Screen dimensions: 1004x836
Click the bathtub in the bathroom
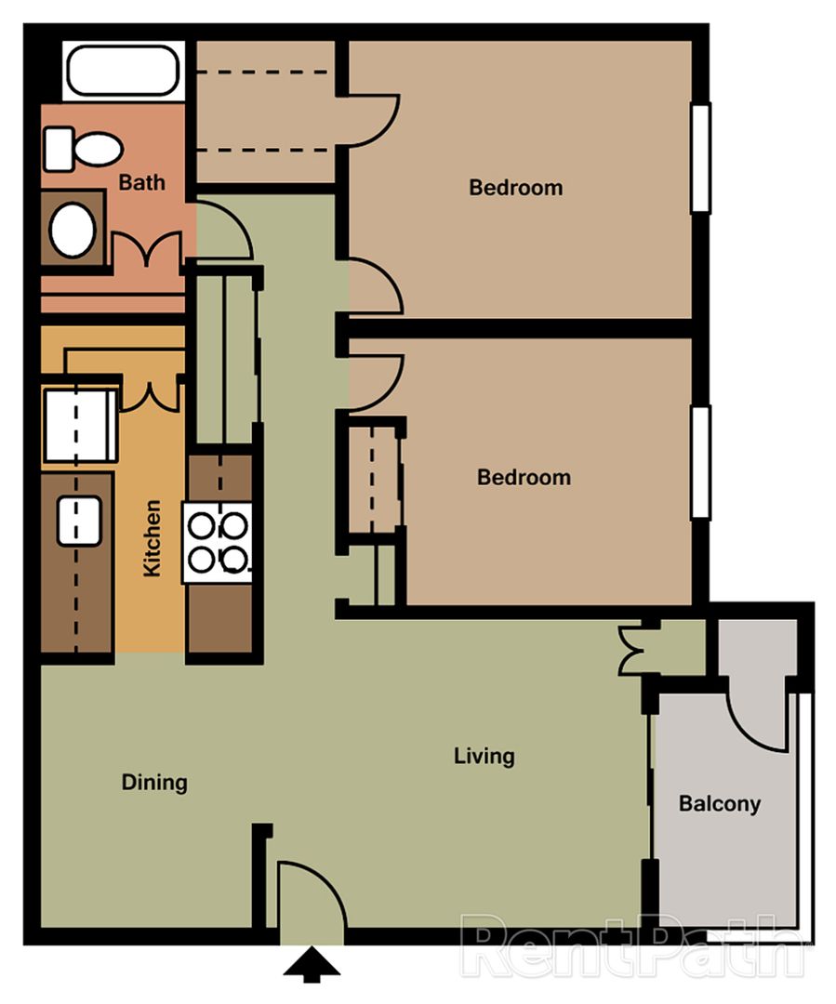click(x=122, y=70)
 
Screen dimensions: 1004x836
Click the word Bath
click(x=142, y=182)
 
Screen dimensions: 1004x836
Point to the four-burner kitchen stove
click(x=218, y=542)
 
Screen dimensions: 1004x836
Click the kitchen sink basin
click(x=79, y=521)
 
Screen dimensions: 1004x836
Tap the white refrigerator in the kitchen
click(x=79, y=425)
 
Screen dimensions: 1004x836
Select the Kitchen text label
click(x=153, y=538)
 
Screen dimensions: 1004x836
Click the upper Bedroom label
click(x=516, y=188)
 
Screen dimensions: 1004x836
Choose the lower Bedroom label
click(x=524, y=477)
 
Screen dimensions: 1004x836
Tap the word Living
click(x=484, y=756)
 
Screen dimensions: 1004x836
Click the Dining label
click(x=154, y=783)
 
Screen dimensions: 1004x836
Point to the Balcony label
click(x=720, y=803)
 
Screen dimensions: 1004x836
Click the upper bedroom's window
click(x=700, y=158)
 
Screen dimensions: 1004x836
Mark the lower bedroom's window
click(x=700, y=462)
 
